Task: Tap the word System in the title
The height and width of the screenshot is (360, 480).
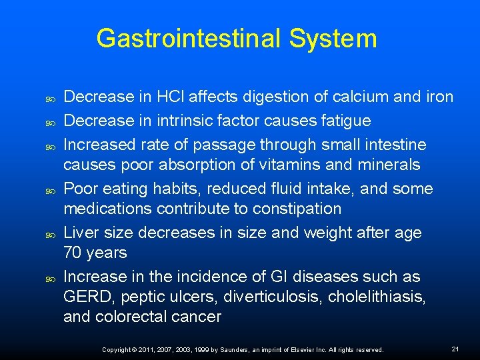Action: point(333,39)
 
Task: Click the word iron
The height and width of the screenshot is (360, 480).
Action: point(438,97)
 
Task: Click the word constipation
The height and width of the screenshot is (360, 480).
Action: point(290,209)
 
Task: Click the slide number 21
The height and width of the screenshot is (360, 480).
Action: point(455,349)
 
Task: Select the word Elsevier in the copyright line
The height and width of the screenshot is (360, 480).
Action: point(296,349)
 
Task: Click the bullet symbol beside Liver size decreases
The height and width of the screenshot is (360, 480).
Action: point(49,233)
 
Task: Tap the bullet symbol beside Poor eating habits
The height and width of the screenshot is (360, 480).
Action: point(49,189)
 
